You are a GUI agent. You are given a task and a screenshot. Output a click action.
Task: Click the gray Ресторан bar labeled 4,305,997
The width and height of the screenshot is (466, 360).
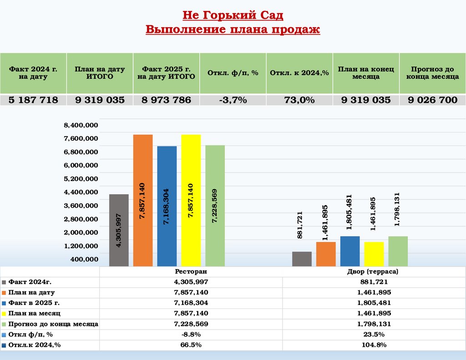[119, 230]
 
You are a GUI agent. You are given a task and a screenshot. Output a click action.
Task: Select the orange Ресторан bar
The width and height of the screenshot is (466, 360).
[143, 200]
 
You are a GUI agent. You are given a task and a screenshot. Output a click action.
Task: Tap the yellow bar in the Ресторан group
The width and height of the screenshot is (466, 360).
[191, 200]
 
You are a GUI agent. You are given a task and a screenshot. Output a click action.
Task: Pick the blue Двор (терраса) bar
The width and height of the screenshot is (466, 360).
[350, 251]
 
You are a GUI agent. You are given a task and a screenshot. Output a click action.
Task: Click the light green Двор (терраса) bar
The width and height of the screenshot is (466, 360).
[398, 251]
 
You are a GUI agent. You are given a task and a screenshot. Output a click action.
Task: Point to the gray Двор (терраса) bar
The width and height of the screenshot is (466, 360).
[302, 259]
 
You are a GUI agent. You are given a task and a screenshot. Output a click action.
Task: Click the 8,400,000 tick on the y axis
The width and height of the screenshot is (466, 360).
[81, 125]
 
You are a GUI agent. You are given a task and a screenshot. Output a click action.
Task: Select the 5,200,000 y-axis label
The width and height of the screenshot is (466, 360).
[81, 179]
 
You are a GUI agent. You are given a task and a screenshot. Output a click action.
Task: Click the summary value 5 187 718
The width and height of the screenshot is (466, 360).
[33, 100]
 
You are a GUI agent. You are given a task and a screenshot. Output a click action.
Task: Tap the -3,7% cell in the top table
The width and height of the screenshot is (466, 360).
[233, 100]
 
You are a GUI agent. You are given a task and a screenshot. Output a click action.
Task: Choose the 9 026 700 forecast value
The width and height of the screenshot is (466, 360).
[432, 100]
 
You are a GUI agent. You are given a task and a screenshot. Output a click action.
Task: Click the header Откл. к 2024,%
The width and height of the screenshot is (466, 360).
[299, 73]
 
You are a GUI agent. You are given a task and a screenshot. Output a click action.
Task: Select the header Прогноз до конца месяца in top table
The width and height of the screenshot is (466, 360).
[432, 73]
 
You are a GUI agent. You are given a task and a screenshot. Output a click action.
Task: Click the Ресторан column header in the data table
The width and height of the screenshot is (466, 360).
[191, 272]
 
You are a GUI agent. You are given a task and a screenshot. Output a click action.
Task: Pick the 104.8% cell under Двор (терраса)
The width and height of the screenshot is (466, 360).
[374, 345]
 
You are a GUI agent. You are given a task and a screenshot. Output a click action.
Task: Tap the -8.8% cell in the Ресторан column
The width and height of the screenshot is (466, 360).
[191, 335]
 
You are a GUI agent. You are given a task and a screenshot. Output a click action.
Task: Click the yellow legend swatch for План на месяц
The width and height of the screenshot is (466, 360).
[4, 314]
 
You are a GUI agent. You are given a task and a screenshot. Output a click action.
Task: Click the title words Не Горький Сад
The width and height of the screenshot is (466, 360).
[233, 16]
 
